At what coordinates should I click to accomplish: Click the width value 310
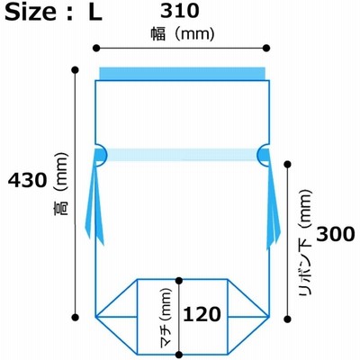180,11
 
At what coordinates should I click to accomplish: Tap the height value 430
28,180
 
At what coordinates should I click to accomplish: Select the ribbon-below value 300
336,234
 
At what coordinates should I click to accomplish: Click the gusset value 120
202,314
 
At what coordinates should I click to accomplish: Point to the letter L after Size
95,12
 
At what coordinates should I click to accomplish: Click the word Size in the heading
31,12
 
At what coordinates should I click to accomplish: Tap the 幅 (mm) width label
183,34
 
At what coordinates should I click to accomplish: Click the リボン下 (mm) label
305,242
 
